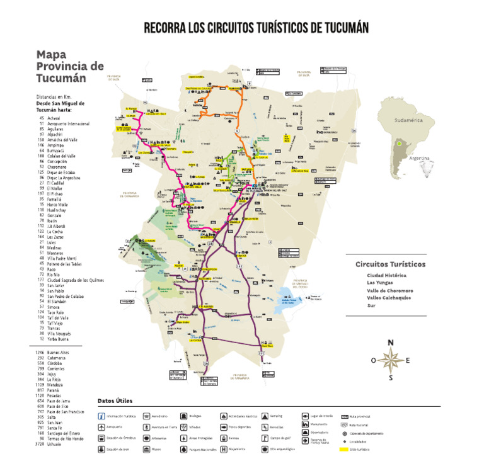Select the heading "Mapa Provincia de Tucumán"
(x=70, y=66)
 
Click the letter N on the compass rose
(x=391, y=343)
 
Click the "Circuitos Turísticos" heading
(x=390, y=264)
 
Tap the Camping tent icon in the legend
(x=265, y=416)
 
